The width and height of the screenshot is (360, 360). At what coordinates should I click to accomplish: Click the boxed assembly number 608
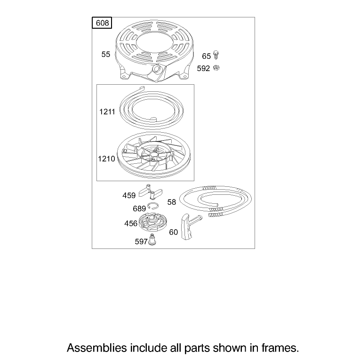tap(102, 23)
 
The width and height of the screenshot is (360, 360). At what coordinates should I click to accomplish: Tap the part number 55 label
tap(106, 55)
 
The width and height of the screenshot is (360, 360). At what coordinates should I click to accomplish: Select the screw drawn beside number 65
tap(216, 55)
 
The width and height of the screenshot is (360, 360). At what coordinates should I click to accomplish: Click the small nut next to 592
tap(216, 68)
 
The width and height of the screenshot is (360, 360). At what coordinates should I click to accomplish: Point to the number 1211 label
tap(107, 112)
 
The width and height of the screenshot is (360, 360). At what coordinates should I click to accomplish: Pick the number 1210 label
tap(106, 159)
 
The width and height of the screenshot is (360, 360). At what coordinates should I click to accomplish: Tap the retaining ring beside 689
tap(152, 206)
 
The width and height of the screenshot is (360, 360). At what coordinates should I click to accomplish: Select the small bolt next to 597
tap(152, 239)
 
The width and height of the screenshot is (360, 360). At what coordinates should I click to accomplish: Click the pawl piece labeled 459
tap(151, 191)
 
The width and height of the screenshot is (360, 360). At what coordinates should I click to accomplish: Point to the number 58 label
tap(171, 202)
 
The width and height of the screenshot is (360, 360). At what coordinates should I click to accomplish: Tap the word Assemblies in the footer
tap(96, 348)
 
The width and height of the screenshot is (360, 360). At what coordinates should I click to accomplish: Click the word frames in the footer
tap(280, 348)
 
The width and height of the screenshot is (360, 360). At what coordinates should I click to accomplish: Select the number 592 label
tap(203, 68)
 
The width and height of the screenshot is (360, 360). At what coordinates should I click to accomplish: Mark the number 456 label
tap(131, 224)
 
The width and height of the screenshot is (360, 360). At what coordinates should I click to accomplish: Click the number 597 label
tap(141, 241)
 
